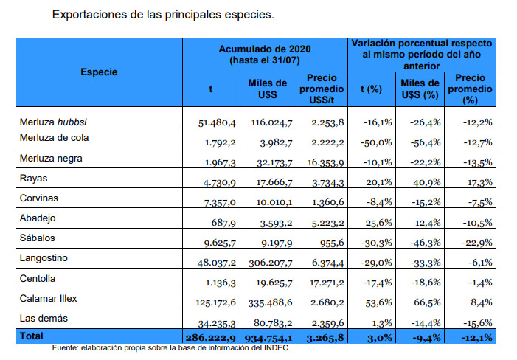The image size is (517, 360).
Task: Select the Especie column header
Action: click(99, 72)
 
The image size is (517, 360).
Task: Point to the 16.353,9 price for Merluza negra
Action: click(323, 161)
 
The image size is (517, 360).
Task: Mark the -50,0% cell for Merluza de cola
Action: click(377, 141)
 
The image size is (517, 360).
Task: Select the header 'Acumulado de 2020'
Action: click(265, 49)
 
